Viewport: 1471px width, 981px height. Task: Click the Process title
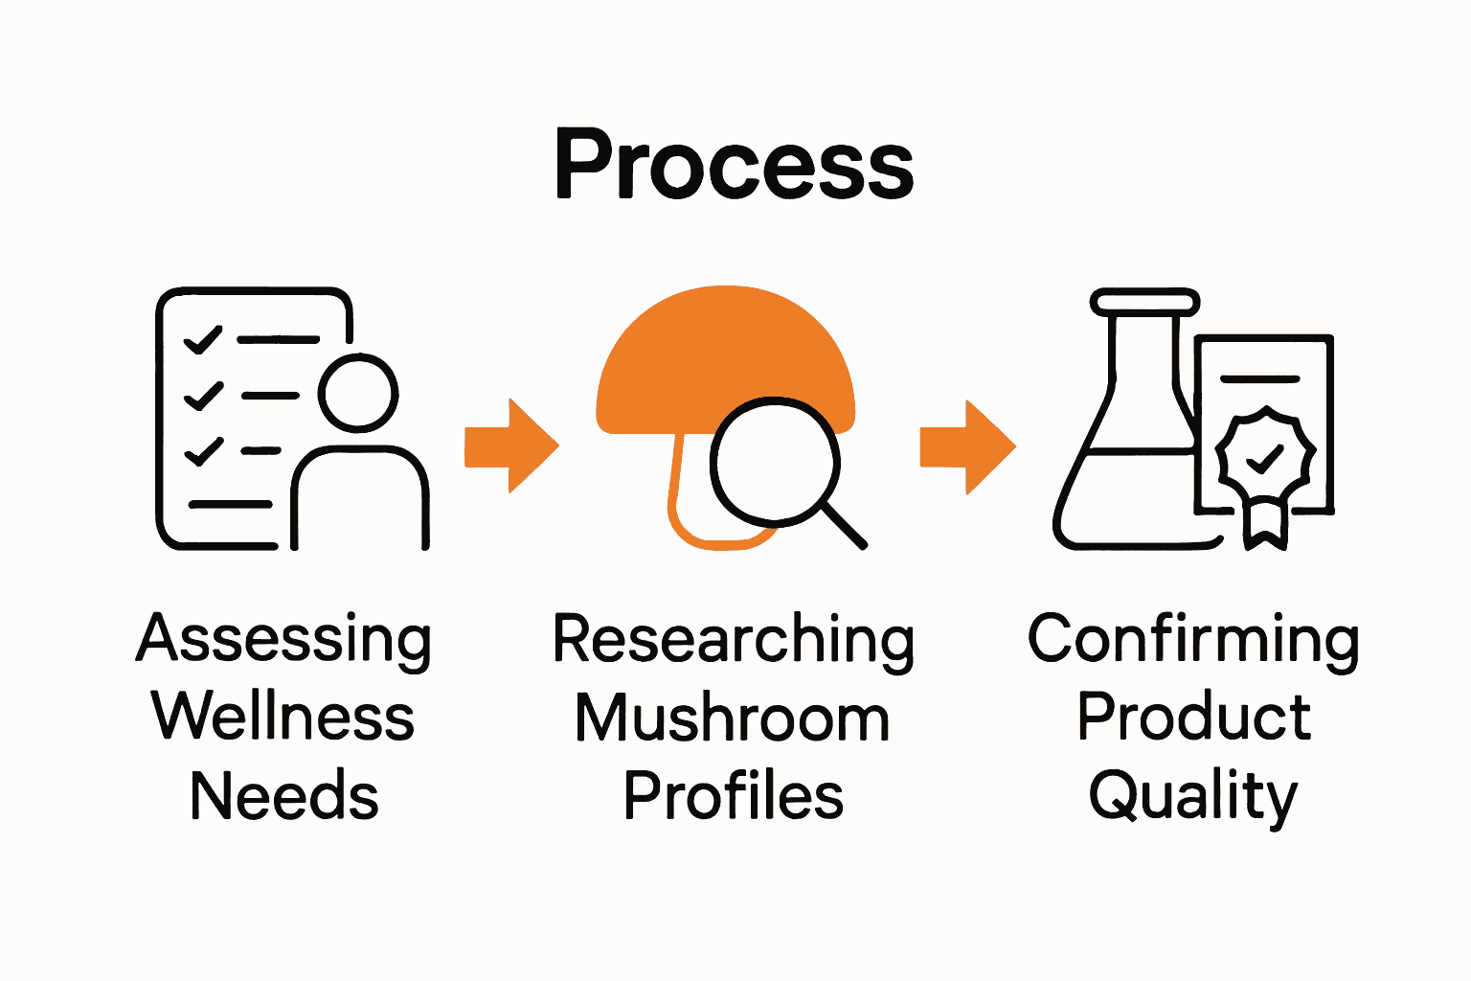pos(735,165)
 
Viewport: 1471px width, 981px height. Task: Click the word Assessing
pos(284,640)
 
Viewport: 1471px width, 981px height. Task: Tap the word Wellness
pos(283,717)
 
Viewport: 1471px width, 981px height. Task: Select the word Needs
pos(284,795)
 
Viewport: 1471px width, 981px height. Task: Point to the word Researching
pos(734,640)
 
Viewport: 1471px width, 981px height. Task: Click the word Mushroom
pos(733,719)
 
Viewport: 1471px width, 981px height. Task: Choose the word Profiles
pos(734,795)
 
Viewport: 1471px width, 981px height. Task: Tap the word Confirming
pos(1193,640)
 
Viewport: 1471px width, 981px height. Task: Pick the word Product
pos(1193,717)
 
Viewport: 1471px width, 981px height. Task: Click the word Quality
pos(1193,795)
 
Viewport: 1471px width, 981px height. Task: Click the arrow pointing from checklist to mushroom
pos(512,446)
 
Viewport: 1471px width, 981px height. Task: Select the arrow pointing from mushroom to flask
pos(968,446)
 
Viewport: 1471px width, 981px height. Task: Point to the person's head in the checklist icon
pos(358,394)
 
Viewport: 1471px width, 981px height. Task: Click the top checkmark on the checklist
pos(203,339)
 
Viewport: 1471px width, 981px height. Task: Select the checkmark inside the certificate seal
pos(1265,458)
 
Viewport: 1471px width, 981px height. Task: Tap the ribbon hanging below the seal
pos(1265,524)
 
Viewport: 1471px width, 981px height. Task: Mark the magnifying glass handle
pos(844,526)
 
